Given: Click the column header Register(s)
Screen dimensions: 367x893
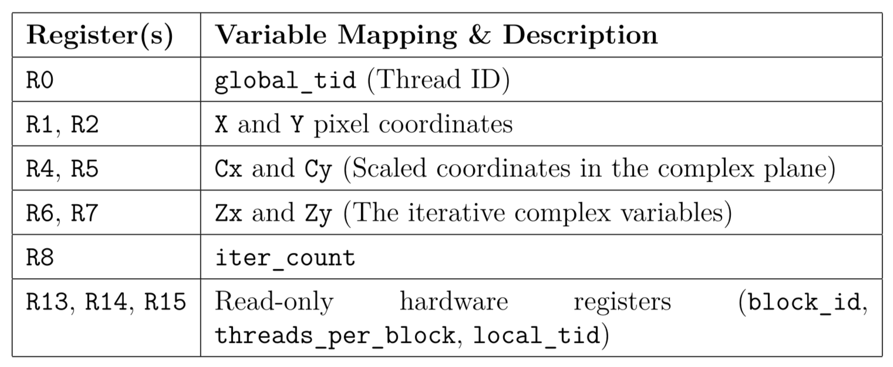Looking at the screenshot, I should tap(100, 35).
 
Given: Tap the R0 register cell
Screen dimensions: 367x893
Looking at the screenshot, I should tap(40, 81).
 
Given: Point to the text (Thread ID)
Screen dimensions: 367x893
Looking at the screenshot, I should tap(438, 81).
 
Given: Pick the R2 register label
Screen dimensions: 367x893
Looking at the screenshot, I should tap(85, 125).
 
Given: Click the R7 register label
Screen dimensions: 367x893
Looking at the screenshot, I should tap(85, 213).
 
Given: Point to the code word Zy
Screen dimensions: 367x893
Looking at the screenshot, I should tap(318, 213).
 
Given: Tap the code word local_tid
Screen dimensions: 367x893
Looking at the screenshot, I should tap(536, 336).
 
